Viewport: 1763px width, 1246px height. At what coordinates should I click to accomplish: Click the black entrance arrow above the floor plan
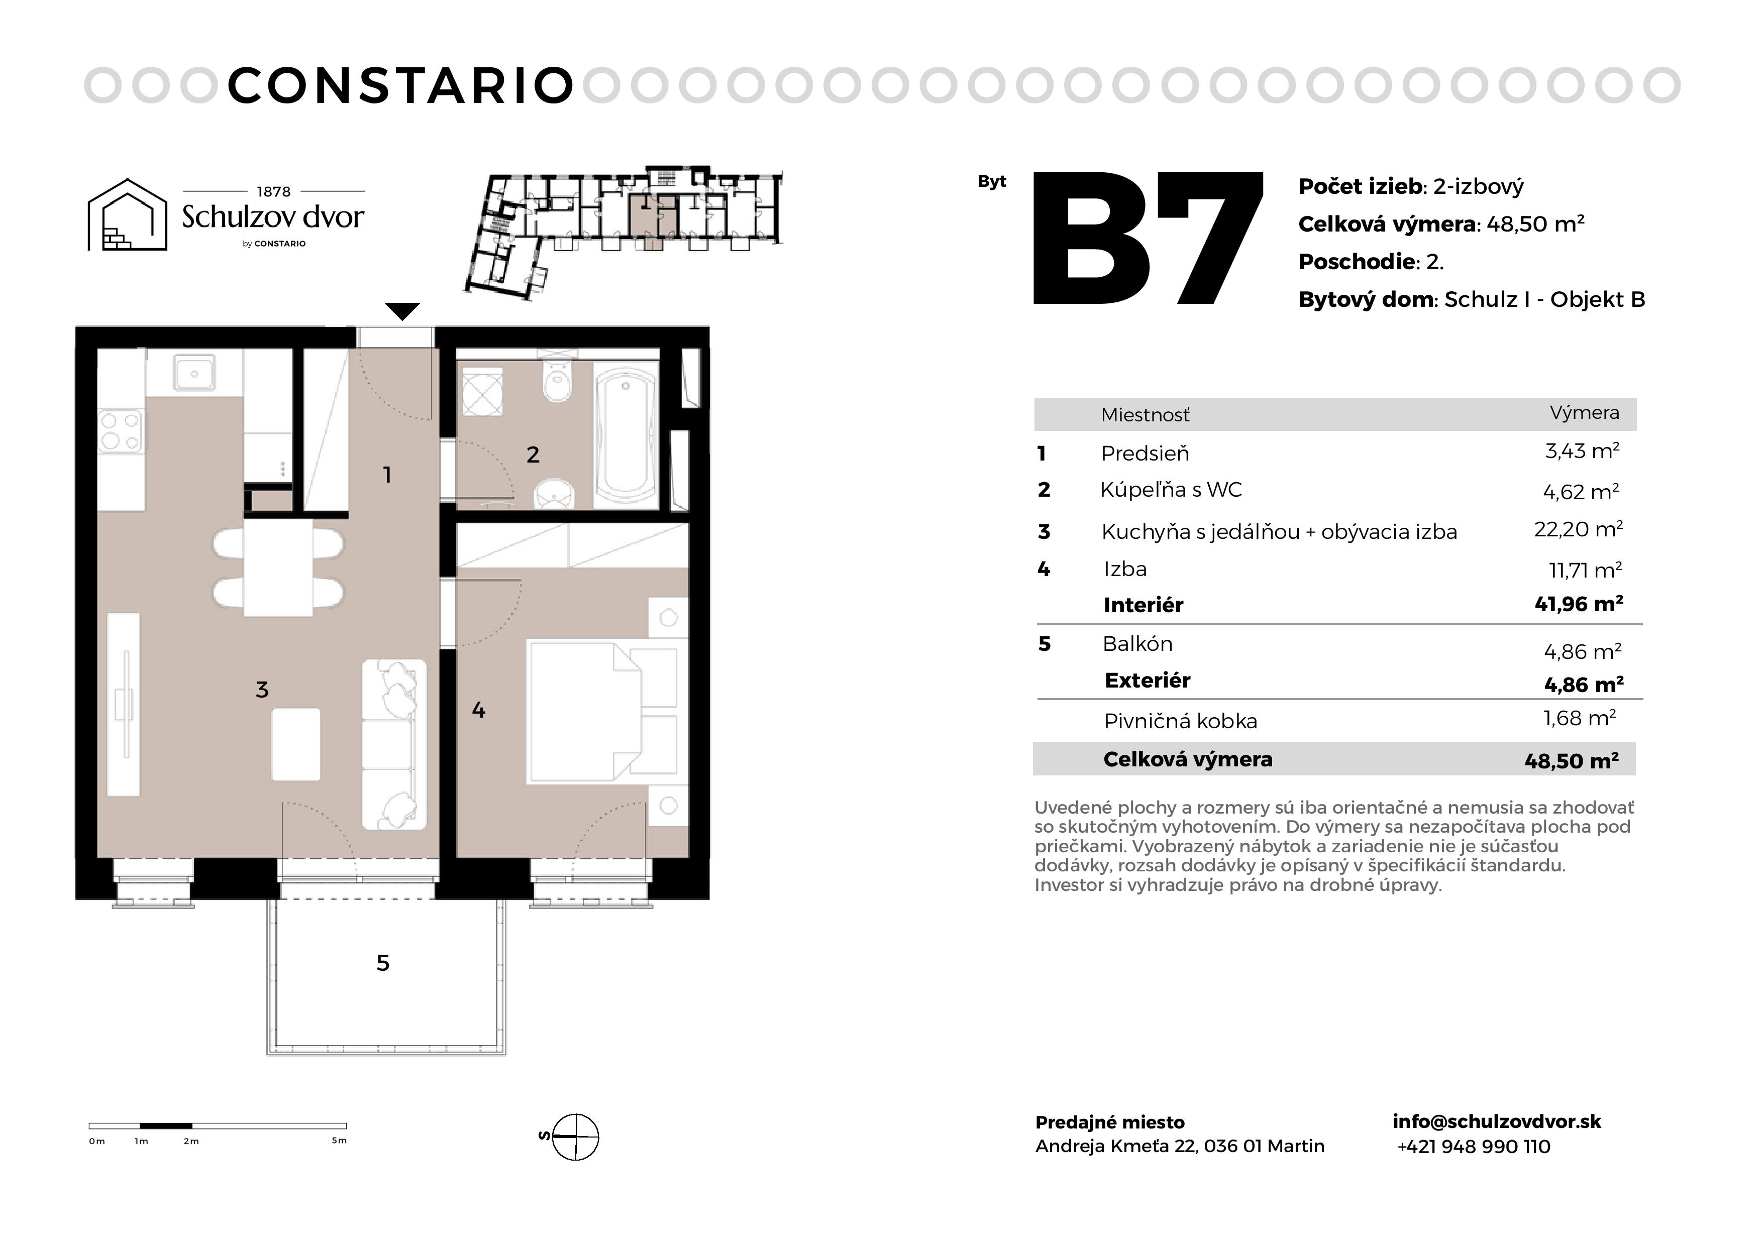402,311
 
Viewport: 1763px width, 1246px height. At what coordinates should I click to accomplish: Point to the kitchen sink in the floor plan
194,374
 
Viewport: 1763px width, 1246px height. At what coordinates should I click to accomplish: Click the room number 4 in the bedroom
478,710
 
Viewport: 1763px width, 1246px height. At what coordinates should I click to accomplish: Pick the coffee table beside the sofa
295,744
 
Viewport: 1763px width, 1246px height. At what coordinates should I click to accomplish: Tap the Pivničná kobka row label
1180,722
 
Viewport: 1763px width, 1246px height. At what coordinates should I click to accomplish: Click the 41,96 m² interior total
1579,604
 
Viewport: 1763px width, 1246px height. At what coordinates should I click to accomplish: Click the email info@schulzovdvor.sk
1497,1121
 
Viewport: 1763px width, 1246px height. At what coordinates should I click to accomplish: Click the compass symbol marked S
574,1136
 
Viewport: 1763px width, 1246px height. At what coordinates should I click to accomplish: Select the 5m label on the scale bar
339,1141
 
